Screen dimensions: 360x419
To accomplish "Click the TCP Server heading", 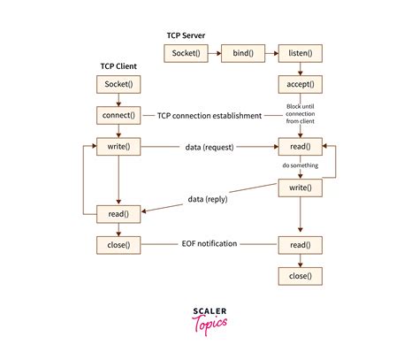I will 187,36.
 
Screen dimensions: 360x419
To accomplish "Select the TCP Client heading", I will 118,66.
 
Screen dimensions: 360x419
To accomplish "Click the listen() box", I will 300,53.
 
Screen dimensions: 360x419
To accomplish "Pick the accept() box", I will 300,84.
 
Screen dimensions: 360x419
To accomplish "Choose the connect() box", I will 118,115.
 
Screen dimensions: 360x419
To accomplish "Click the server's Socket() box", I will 186,53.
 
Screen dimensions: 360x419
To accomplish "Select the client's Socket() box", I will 118,84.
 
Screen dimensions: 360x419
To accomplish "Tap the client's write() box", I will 118,146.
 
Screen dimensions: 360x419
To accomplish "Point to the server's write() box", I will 300,188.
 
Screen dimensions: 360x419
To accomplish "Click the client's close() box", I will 118,243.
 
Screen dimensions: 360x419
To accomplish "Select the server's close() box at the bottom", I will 300,276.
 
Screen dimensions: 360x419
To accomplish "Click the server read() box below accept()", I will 300,146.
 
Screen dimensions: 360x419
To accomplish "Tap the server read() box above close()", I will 300,243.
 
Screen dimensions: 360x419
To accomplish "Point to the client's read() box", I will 118,212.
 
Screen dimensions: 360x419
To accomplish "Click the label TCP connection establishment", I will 210,115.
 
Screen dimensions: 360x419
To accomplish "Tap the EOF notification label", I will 210,243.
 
